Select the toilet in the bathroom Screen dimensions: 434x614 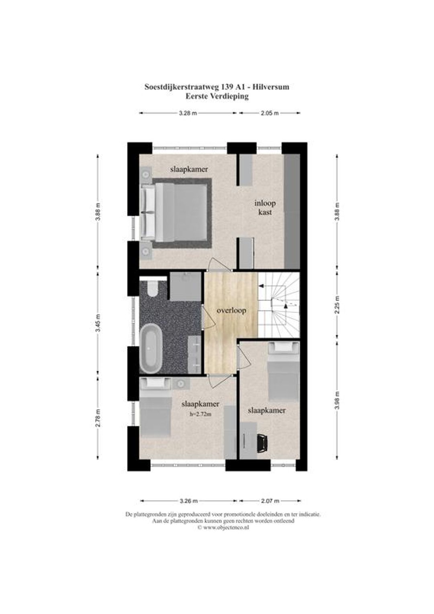[151, 288]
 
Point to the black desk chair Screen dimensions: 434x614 [263, 443]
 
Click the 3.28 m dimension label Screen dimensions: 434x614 [188, 113]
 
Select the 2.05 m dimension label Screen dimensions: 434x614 [270, 113]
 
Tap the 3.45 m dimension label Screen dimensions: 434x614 [98, 323]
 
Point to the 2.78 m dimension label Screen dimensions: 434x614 [98, 418]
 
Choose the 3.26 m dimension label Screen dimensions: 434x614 [188, 501]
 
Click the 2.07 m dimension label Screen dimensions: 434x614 [270, 501]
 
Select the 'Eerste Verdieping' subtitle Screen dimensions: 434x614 [217, 96]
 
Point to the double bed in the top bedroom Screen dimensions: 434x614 [176, 213]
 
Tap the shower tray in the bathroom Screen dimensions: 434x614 [185, 287]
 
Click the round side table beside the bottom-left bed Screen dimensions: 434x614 [181, 384]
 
